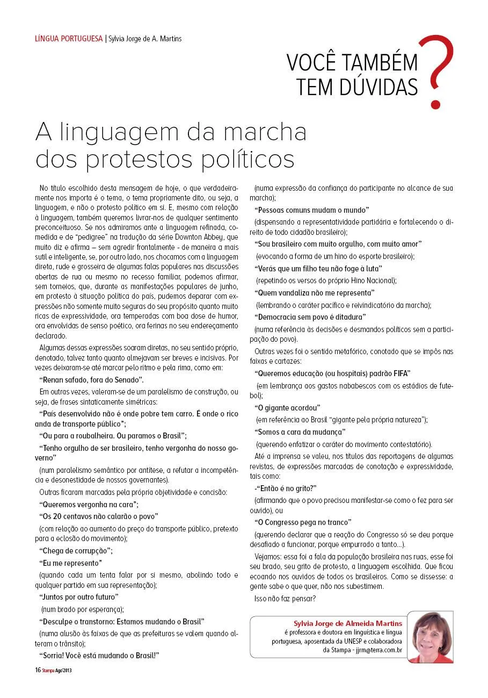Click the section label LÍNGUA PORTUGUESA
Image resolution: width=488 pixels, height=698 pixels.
[68, 39]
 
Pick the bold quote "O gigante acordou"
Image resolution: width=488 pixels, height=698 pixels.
[287, 408]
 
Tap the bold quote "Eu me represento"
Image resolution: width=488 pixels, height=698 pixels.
[70, 563]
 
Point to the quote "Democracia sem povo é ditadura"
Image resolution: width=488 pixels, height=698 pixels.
[310, 317]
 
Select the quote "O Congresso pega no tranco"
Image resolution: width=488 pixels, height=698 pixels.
[303, 522]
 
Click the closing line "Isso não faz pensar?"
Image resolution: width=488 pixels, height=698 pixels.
[285, 598]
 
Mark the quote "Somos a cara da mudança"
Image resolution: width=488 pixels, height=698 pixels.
[300, 432]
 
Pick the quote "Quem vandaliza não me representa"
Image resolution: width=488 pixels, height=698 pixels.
[315, 293]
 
